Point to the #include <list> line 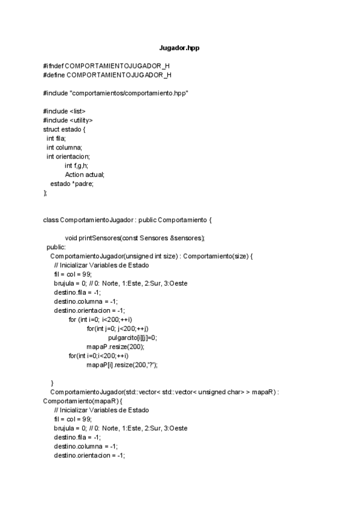64,111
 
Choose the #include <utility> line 68,120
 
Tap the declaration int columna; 64,147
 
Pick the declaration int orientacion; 68,156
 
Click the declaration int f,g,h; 77,165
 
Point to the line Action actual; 85,175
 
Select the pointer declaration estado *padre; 72,184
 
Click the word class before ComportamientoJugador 50,220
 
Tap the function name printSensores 99,238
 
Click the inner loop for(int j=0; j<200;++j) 117,328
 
